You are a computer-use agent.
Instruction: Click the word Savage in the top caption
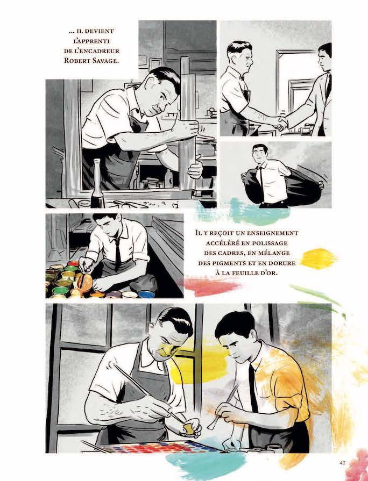103,60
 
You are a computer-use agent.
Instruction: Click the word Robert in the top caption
74,60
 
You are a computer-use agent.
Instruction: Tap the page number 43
343,463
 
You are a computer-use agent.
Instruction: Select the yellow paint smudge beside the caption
319,259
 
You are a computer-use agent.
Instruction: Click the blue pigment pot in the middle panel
146,294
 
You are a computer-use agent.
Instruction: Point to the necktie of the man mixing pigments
117,254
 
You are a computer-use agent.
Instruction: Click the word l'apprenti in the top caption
90,41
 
